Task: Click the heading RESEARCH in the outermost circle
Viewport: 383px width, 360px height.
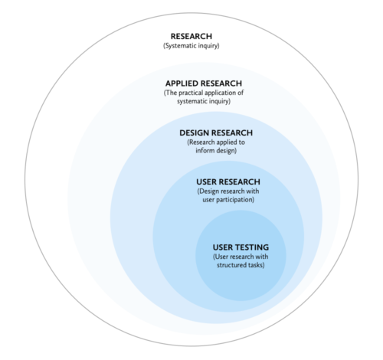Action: pos(191,36)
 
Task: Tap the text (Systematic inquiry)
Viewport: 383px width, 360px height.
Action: pos(191,46)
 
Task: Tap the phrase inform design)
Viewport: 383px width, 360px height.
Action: pos(216,151)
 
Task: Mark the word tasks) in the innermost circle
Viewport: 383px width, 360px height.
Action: pos(257,265)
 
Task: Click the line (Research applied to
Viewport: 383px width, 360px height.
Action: pos(216,142)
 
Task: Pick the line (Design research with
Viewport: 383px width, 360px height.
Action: pos(228,191)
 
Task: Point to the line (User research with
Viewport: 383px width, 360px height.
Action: pos(241,257)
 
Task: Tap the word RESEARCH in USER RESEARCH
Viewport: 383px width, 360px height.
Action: pos(239,182)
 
